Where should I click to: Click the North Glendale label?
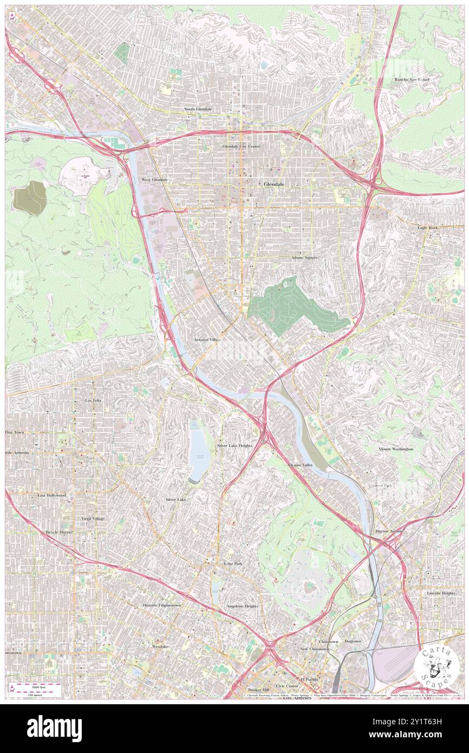pyautogui.click(x=198, y=109)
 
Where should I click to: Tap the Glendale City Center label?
pyautogui.click(x=241, y=146)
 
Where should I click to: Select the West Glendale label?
pyautogui.click(x=154, y=179)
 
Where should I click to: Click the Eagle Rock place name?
pyautogui.click(x=427, y=228)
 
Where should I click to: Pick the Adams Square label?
pyautogui.click(x=305, y=258)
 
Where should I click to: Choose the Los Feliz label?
pyautogui.click(x=93, y=400)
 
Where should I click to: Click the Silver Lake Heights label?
pyautogui.click(x=234, y=445)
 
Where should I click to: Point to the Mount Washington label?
pyautogui.click(x=395, y=449)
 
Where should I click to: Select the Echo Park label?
pyautogui.click(x=233, y=563)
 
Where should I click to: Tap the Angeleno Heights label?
pyautogui.click(x=242, y=606)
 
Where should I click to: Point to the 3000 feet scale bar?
pyautogui.click(x=37, y=686)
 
